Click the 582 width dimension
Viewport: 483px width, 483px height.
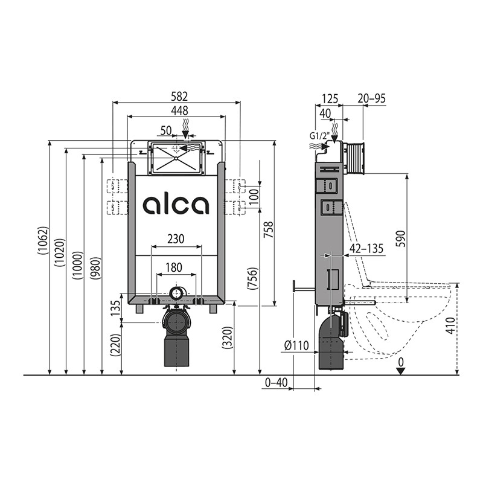pyautogui.click(x=179, y=97)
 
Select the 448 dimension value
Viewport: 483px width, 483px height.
pyautogui.click(x=179, y=110)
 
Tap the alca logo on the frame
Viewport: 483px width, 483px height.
pyautogui.click(x=176, y=205)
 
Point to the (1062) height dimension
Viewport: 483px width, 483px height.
pyautogui.click(x=43, y=240)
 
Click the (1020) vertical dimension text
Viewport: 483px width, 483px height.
pyautogui.click(x=60, y=252)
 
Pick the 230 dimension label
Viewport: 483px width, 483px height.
pyautogui.click(x=176, y=238)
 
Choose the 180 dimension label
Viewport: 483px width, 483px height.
pyautogui.click(x=174, y=267)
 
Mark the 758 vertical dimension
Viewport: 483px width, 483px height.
pyautogui.click(x=268, y=229)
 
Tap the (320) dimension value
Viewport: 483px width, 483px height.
pyautogui.click(x=227, y=337)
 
